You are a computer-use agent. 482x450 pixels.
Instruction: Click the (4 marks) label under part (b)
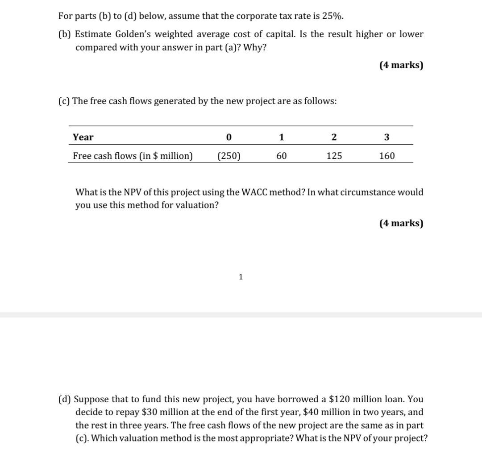(401, 65)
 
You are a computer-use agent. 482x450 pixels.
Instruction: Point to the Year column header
(83, 137)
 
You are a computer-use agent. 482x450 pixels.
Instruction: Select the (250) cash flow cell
(229, 156)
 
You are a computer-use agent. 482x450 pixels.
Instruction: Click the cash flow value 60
(281, 156)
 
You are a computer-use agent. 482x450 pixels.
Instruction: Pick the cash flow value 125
(334, 156)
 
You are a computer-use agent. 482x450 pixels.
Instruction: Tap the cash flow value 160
(386, 156)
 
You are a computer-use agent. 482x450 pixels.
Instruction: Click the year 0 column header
(229, 137)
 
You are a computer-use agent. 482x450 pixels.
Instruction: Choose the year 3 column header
(386, 137)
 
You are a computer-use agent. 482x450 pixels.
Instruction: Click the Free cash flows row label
(133, 156)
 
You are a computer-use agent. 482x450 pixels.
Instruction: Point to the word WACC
(253, 192)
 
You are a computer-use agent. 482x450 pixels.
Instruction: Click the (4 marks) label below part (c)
(401, 223)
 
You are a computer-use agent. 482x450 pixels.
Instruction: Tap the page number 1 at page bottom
(241, 277)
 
